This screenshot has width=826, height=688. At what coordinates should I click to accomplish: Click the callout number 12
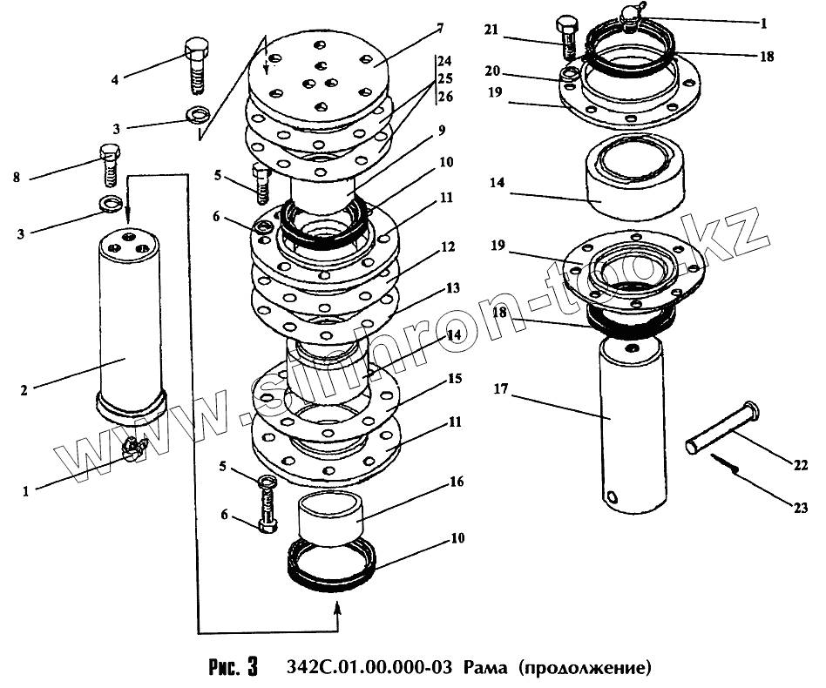[x=448, y=247]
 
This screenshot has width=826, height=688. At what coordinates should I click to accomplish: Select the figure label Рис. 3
[x=234, y=669]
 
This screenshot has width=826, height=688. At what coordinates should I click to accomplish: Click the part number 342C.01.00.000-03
[x=369, y=669]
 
